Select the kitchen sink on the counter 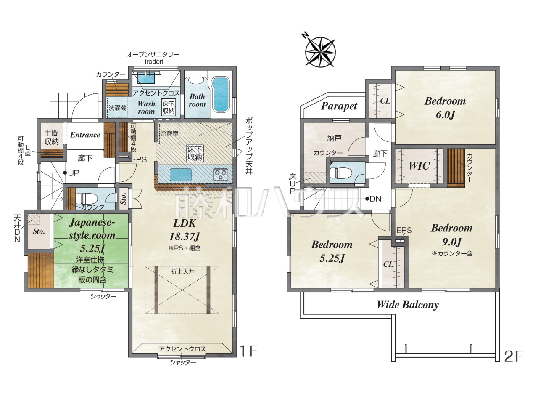click(181, 175)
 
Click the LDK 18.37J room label click(185, 230)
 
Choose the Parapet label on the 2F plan click(339, 106)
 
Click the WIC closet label click(419, 166)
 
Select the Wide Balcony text click(407, 305)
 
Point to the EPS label click(404, 231)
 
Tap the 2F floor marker click(514, 357)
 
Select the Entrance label click(85, 135)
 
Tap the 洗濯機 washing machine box click(117, 108)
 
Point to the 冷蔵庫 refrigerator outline click(169, 133)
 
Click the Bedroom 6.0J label click(445, 108)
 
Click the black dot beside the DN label click(367, 199)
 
